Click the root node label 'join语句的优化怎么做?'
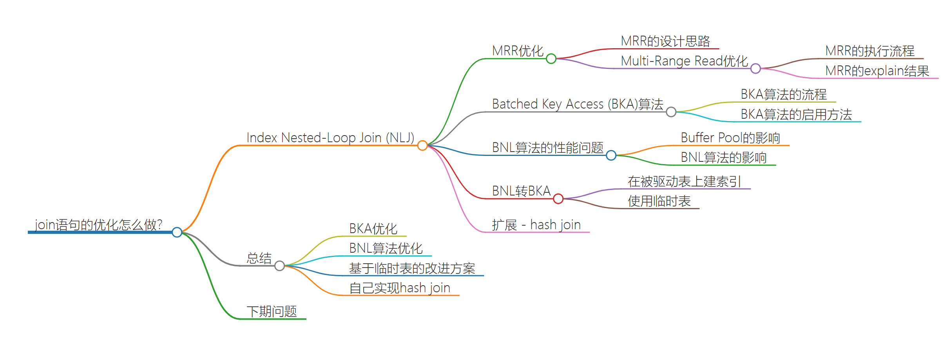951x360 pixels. pos(98,225)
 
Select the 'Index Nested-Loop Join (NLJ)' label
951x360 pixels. pos(330,138)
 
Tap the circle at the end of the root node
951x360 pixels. pos(177,232)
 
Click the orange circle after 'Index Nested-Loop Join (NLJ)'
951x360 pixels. pos(422,146)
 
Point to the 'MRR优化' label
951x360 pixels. pos(518,51)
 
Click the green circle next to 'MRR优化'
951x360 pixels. pos(551,59)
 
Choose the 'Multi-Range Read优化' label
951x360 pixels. pos(684,61)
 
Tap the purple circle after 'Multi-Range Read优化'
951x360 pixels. pos(755,69)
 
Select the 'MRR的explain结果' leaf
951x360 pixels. pos(877,71)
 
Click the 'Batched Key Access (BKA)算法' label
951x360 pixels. pos(578,104)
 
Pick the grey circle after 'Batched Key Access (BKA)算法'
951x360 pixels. pos(671,112)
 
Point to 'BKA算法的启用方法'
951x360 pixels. pos(796,114)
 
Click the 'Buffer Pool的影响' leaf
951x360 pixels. pos(730,138)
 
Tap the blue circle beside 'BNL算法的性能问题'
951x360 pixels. pos(611,156)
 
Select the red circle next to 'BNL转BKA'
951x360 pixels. pos(558,199)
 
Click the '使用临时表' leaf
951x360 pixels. pos(659,201)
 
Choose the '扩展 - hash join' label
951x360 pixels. pos(536,225)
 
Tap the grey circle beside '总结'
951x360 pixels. pos(279,266)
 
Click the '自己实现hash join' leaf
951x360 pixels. pos(399,288)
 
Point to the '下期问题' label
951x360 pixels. pos(272,311)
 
